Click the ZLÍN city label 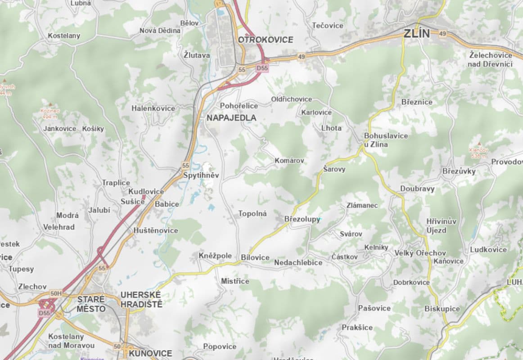(417, 33)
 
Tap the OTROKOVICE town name (266, 40)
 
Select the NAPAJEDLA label (231, 118)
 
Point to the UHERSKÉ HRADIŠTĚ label (141, 299)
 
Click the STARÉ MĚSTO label (91, 304)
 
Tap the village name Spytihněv (201, 175)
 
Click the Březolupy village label (302, 219)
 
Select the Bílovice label (255, 258)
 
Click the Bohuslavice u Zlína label (379, 140)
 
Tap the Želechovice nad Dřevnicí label (491, 59)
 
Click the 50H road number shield (56, 293)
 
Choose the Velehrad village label (59, 227)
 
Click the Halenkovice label (153, 108)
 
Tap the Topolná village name (252, 214)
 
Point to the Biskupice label (442, 309)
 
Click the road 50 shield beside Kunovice (117, 346)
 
